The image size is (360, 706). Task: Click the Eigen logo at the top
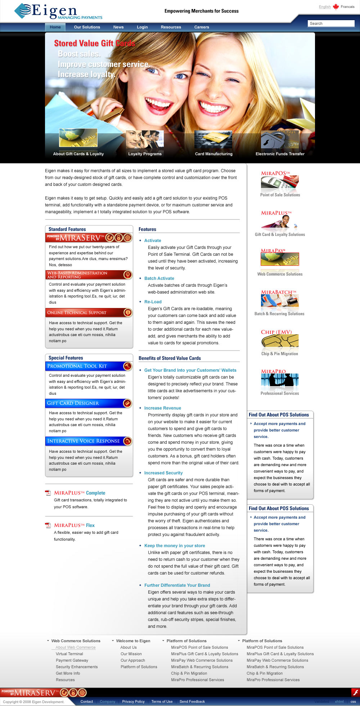58,12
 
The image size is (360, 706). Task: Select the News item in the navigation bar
118,27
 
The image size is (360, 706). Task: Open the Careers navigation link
202,27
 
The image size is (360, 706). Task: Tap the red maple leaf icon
336,6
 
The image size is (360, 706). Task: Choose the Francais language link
347,6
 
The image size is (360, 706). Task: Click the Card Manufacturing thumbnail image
213,139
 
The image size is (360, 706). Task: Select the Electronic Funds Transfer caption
280,154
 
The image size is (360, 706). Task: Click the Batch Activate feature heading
159,278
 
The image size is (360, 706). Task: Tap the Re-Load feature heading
153,302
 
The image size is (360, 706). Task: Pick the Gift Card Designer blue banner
89,403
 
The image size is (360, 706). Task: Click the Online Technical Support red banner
89,312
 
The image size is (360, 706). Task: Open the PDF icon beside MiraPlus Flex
48,525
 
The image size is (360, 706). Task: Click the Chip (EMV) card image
280,342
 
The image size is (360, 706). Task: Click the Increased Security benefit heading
163,473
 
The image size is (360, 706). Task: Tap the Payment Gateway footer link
72,660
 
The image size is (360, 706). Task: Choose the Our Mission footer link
131,654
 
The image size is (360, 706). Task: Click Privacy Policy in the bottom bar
133,701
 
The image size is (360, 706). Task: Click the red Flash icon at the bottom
355,692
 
